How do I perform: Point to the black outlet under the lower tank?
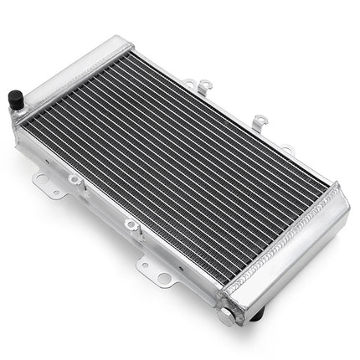point(256,312)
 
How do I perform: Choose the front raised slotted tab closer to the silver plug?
point(131,224)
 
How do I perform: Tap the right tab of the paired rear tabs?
point(206,85)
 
